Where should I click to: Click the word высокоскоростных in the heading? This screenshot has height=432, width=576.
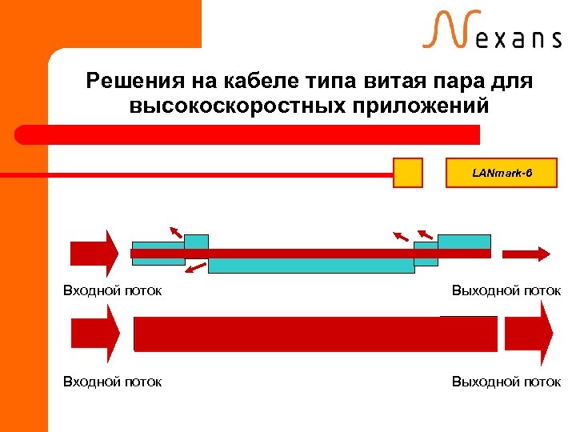coord(225,106)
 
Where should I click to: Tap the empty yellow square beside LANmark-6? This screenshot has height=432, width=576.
coord(408,172)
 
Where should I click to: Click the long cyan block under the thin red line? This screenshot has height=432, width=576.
coord(311,265)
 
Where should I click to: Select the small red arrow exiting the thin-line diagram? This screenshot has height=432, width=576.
coord(525,253)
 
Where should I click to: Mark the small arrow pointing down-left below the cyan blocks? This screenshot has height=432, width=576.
coord(195,267)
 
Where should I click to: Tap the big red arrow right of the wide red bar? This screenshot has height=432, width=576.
coord(529,334)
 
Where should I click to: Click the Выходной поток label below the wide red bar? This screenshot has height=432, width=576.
coord(506,382)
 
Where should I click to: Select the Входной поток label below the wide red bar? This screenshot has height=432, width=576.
coord(113,382)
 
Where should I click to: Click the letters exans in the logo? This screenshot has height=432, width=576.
coord(519,38)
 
